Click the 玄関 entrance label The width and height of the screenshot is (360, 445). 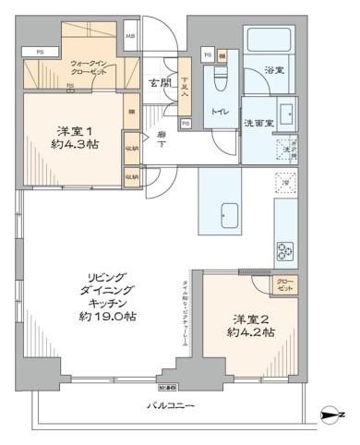pyautogui.click(x=161, y=83)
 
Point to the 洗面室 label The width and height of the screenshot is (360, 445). pyautogui.click(x=258, y=122)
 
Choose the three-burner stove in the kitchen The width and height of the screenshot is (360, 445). pyautogui.click(x=282, y=249)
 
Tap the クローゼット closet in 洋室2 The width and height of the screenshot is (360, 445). pyautogui.click(x=283, y=283)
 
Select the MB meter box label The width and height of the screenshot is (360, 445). pyautogui.click(x=130, y=37)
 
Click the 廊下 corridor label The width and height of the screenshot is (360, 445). pyautogui.click(x=162, y=138)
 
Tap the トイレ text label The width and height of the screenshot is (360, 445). pyautogui.click(x=221, y=113)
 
